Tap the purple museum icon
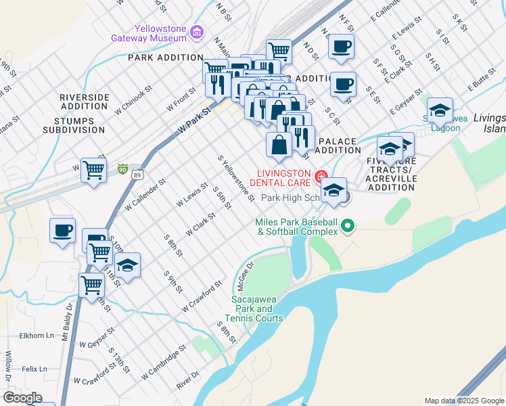pos(197,32)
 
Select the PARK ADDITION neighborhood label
pos(166,58)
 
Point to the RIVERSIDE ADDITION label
pos(85,101)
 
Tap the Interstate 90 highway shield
pos(122,168)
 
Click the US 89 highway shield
pos(137,174)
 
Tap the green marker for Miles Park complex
pos(348,225)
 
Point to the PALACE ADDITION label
pos(336,145)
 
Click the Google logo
pos(23,398)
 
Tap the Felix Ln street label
pos(34,369)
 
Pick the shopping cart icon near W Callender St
pos(93,170)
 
